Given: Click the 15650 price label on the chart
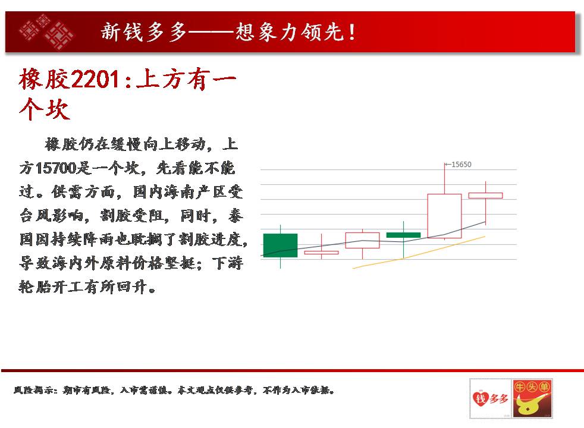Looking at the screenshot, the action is coord(461,165).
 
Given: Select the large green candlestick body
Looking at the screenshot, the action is coord(281,246).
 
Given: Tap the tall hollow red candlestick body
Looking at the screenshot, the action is coord(444,216).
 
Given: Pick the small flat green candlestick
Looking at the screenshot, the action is coord(403,235).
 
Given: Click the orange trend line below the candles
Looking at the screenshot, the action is coord(419,252).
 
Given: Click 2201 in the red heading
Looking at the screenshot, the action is coord(95,79).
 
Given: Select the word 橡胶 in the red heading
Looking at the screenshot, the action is coord(45,79).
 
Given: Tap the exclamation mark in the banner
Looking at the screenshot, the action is coord(351,32).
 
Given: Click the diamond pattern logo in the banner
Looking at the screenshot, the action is coord(46,32).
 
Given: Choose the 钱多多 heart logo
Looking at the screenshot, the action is coord(490,398).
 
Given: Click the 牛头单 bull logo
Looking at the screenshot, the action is coord(532,398).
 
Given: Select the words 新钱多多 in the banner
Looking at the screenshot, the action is coord(144,32).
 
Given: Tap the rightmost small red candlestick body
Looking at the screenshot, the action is coord(485,196).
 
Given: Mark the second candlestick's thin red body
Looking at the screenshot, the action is coord(321,253).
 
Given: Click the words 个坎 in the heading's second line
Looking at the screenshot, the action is coord(45,109).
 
